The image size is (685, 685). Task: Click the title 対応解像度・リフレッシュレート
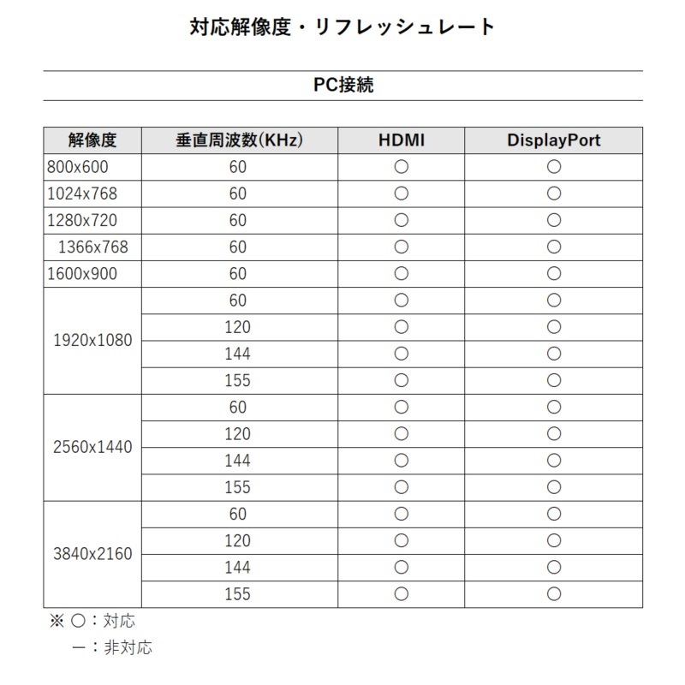(342, 27)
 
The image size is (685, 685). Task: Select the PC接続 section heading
(342, 86)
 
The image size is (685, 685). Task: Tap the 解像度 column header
(92, 140)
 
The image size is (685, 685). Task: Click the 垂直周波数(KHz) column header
(239, 140)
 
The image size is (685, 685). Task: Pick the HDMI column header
(401, 140)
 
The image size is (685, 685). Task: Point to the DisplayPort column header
(553, 140)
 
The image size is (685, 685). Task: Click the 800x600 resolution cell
(78, 167)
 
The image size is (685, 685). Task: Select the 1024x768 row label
(81, 194)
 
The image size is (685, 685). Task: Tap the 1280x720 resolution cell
(81, 220)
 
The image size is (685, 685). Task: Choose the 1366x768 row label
(92, 247)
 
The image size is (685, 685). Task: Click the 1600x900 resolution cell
(81, 273)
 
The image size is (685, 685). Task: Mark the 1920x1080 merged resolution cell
(92, 340)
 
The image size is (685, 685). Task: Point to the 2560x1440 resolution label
(92, 447)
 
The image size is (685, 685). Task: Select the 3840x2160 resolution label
(92, 554)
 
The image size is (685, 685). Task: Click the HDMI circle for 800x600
(401, 167)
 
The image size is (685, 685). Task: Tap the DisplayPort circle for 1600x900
(553, 273)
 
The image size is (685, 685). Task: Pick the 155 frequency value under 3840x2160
(237, 593)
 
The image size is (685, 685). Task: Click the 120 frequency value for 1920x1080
(237, 327)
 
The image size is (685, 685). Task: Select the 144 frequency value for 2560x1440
(237, 461)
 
